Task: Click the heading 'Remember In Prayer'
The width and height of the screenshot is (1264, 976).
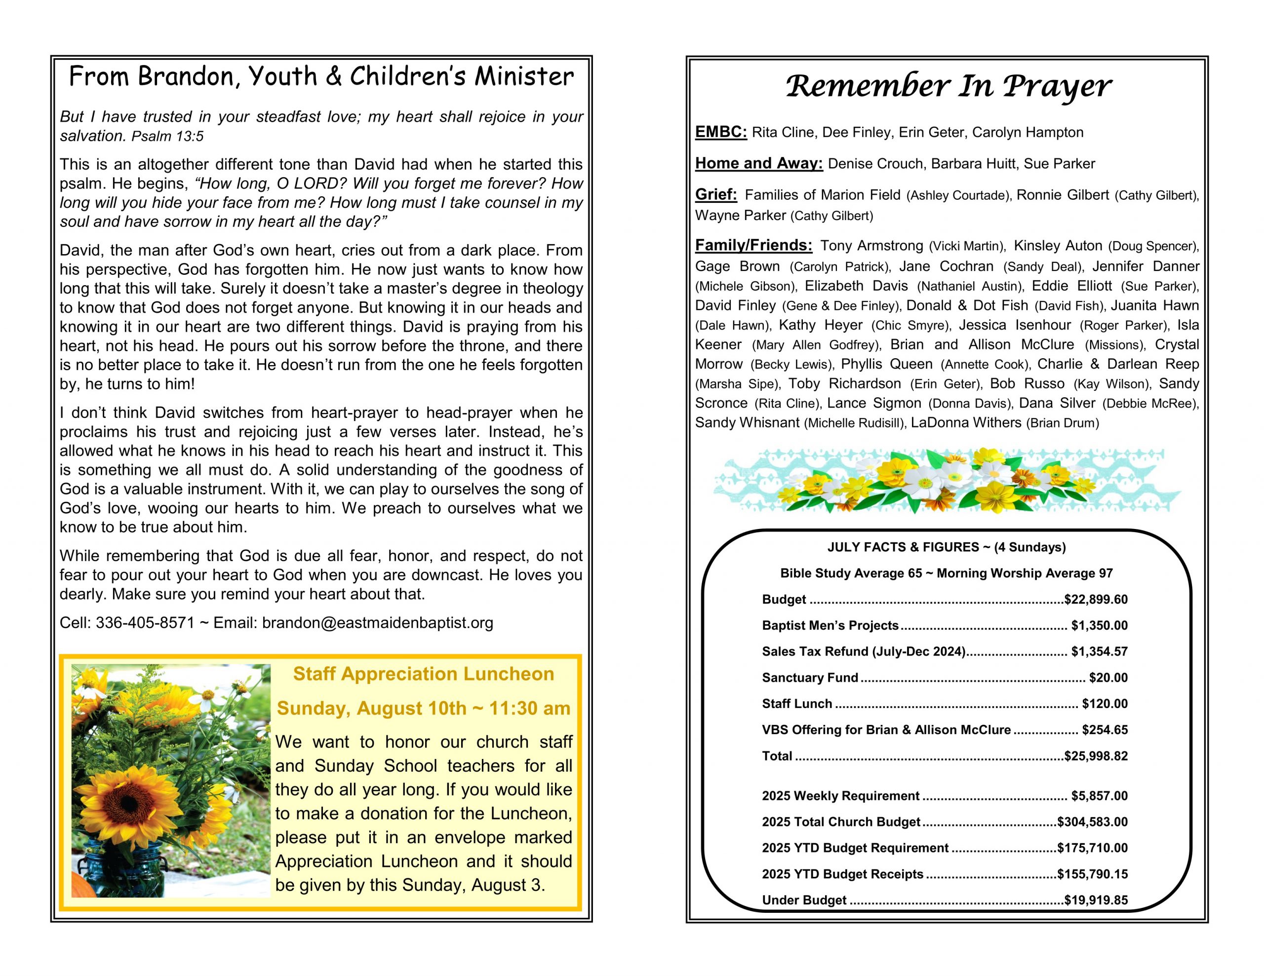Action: (948, 87)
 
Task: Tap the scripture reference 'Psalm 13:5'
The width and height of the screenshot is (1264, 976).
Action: (167, 137)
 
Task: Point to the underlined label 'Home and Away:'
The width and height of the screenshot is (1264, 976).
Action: (759, 163)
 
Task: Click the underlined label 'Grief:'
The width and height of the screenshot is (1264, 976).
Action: (716, 194)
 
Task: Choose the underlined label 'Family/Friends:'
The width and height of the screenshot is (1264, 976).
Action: (753, 245)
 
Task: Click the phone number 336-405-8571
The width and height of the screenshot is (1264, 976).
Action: (145, 623)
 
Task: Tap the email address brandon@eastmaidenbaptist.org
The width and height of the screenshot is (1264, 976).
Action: (377, 623)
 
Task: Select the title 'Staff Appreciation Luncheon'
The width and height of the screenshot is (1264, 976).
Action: (423, 674)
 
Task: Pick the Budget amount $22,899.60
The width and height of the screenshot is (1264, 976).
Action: (1096, 600)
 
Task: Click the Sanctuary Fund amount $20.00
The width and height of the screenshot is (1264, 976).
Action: (1108, 677)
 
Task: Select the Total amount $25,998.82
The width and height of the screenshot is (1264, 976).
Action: (1096, 756)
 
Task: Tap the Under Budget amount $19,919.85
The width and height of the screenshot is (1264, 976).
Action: (1096, 900)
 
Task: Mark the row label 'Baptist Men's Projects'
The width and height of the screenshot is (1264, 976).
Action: (830, 625)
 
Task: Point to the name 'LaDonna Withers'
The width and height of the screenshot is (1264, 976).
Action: (965, 423)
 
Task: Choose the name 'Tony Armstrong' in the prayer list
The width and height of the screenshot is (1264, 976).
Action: (871, 246)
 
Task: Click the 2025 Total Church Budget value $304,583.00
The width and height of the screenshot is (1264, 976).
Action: (1092, 822)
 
